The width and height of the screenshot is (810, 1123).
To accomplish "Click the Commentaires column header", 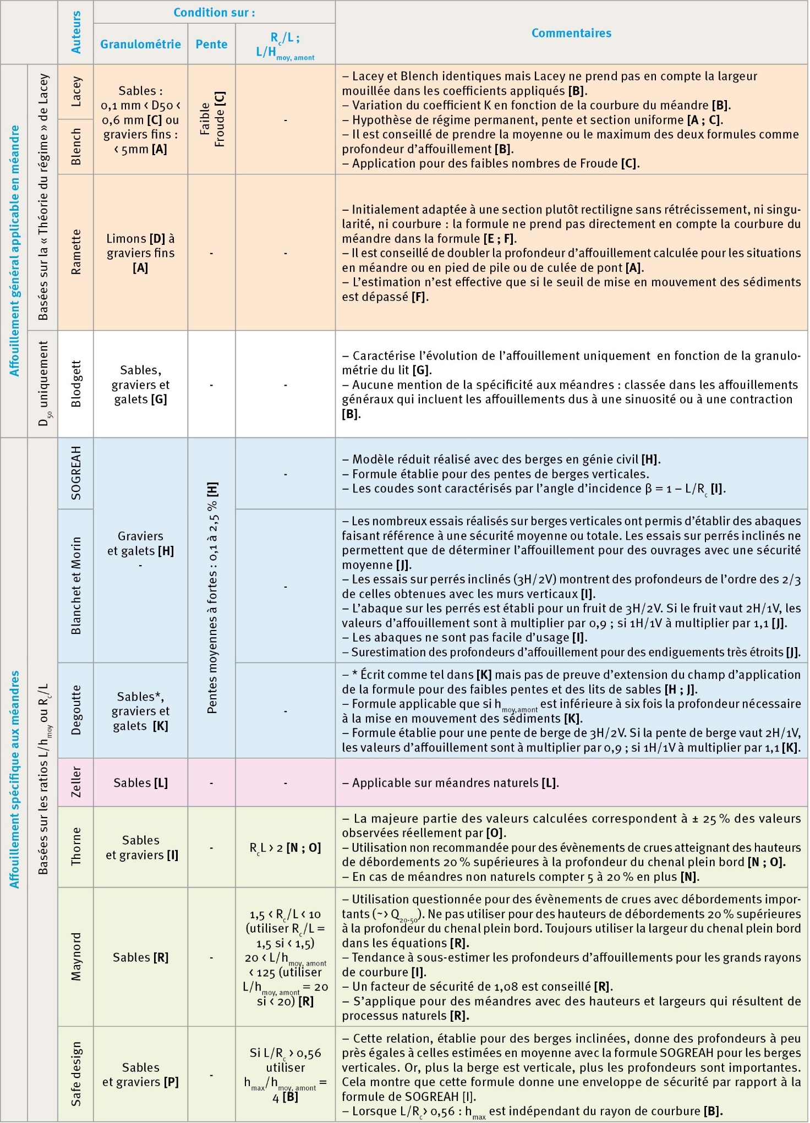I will (571, 33).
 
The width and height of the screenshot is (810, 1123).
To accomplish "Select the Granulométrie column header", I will (140, 44).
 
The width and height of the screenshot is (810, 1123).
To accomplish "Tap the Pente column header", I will (211, 44).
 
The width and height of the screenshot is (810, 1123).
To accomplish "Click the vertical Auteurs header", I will (76, 32).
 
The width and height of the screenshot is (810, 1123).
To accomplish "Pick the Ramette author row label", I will (76, 252).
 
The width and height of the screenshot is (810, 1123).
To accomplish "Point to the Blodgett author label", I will (76, 384).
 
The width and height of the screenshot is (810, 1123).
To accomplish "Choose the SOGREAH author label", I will (76, 473).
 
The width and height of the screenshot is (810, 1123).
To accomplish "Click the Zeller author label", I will (76, 782).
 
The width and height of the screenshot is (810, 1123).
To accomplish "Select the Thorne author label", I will (76, 847).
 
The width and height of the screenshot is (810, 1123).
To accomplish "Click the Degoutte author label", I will (76, 710).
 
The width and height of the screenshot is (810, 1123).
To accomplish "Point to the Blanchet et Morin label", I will (76, 586).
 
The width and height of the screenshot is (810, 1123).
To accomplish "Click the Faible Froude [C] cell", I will (212, 119).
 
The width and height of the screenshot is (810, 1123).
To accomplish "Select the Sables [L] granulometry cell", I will (140, 782).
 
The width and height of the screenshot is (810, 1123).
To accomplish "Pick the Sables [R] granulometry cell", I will (140, 957).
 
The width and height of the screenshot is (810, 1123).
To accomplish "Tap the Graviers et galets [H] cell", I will (140, 544).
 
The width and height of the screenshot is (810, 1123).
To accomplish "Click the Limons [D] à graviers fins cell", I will (140, 253).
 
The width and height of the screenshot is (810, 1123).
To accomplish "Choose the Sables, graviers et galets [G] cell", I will (140, 385).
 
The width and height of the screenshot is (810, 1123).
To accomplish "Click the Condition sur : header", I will (214, 13).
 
